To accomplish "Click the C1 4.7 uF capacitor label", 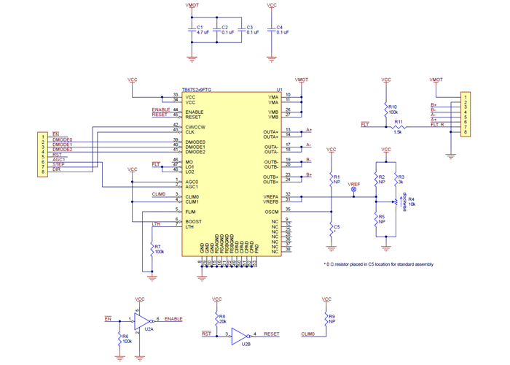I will point(203,30).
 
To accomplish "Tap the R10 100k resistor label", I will point(393,109).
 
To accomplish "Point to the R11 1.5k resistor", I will point(398,126).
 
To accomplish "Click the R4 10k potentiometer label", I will point(412,201).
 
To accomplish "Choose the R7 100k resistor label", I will point(158,249).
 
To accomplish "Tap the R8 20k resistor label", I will point(221,318).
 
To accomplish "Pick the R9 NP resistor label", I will point(331,318).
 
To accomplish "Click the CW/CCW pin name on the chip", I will point(195,126).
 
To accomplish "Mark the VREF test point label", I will point(354,185).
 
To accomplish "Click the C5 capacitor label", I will point(336,228).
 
